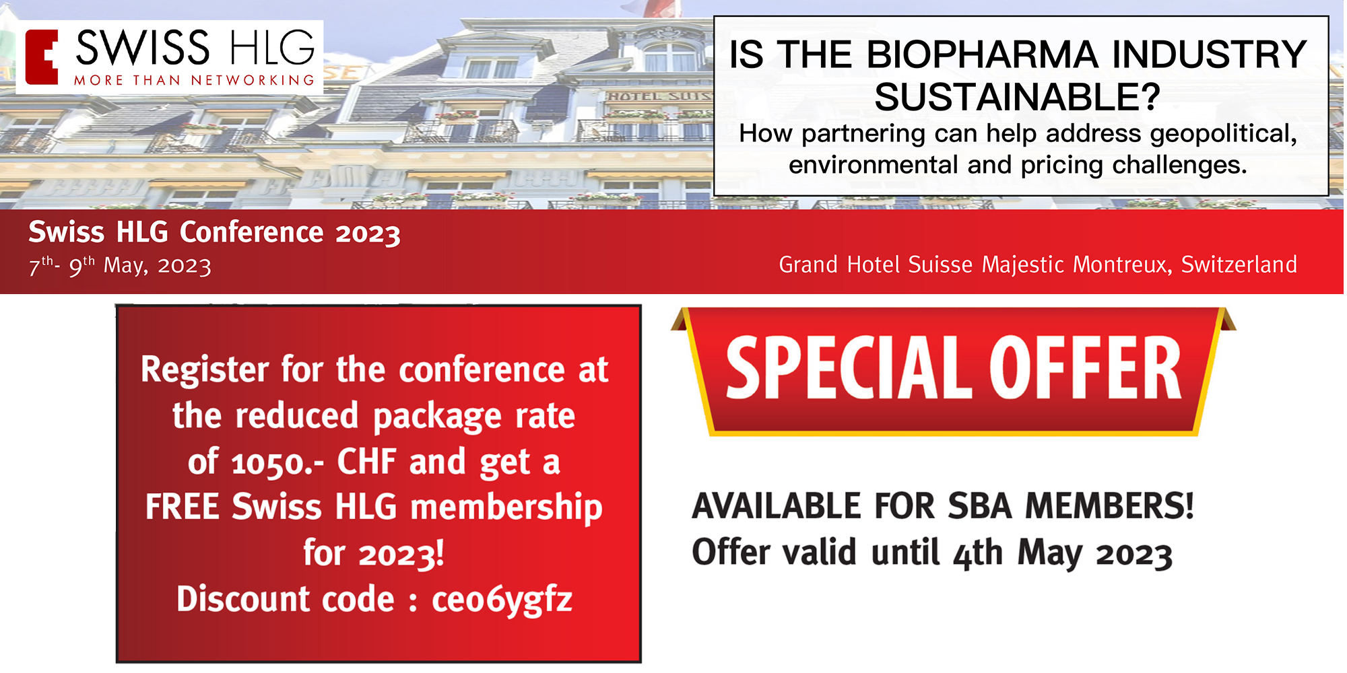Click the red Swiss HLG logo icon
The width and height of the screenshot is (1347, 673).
[x=41, y=57]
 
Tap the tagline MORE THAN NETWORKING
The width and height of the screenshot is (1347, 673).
[x=194, y=81]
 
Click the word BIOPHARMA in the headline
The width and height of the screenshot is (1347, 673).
[x=983, y=55]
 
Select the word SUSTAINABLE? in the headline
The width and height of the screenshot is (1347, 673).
[x=1017, y=97]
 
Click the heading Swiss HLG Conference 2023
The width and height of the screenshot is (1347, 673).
[x=214, y=233]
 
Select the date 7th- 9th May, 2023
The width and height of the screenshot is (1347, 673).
[x=120, y=265]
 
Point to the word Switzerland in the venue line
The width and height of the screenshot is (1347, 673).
[x=1239, y=264]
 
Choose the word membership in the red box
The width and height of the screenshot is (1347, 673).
[x=506, y=507]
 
